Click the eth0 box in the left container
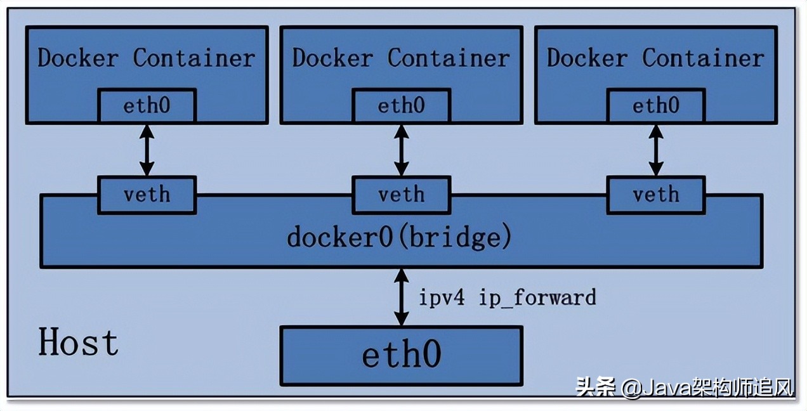point(147,105)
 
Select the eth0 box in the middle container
point(401,105)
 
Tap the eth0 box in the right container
point(655,105)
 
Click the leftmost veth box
point(147,194)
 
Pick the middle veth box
point(401,194)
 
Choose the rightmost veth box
point(655,194)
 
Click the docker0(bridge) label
point(399,238)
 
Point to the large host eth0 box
point(401,355)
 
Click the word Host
point(78,343)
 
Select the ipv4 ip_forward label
point(507,297)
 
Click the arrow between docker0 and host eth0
point(401,297)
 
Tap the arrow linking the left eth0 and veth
point(147,150)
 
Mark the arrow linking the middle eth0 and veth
point(401,150)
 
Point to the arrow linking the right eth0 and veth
point(655,150)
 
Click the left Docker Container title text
point(146,58)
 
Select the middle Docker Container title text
point(400,58)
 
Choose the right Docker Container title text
point(655,58)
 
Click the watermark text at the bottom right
point(685,386)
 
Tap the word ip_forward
point(537,297)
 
